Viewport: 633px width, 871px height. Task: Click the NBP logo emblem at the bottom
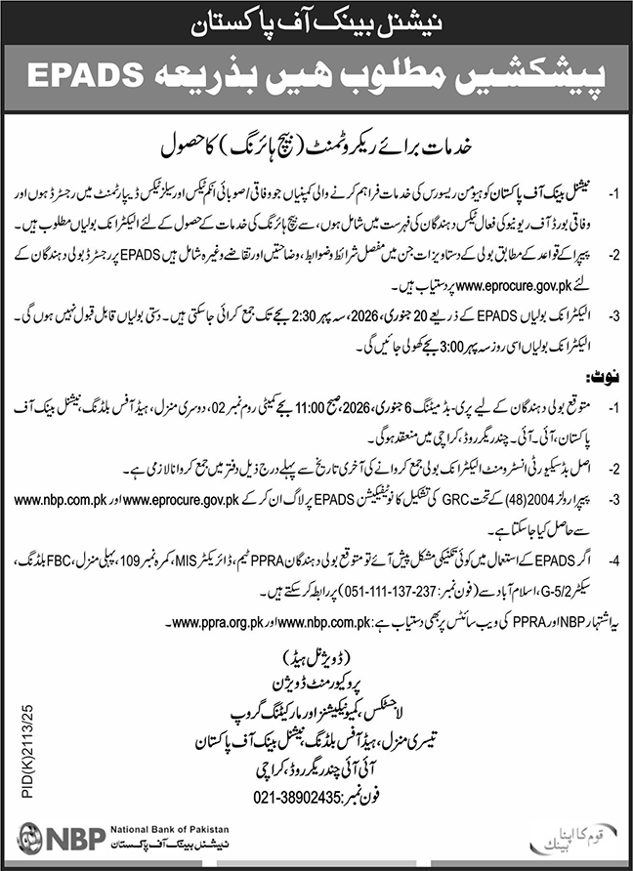pyautogui.click(x=30, y=842)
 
